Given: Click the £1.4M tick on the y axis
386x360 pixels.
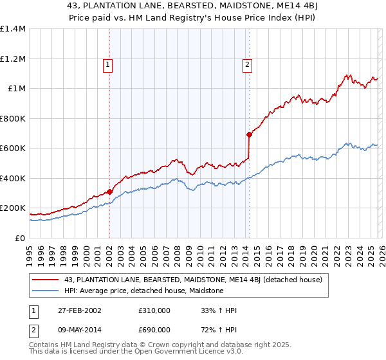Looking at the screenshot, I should (13, 29).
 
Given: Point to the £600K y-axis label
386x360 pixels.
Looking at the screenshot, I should (13, 148).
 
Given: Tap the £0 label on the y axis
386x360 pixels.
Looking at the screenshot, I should (19, 238).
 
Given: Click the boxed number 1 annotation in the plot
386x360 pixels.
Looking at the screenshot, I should (108, 64).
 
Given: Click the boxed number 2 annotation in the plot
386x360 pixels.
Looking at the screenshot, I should (247, 64).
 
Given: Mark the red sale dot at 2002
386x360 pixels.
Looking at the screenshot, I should (110, 192).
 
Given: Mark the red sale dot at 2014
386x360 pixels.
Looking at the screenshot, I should (248, 135).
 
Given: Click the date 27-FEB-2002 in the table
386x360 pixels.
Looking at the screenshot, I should (78, 310).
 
